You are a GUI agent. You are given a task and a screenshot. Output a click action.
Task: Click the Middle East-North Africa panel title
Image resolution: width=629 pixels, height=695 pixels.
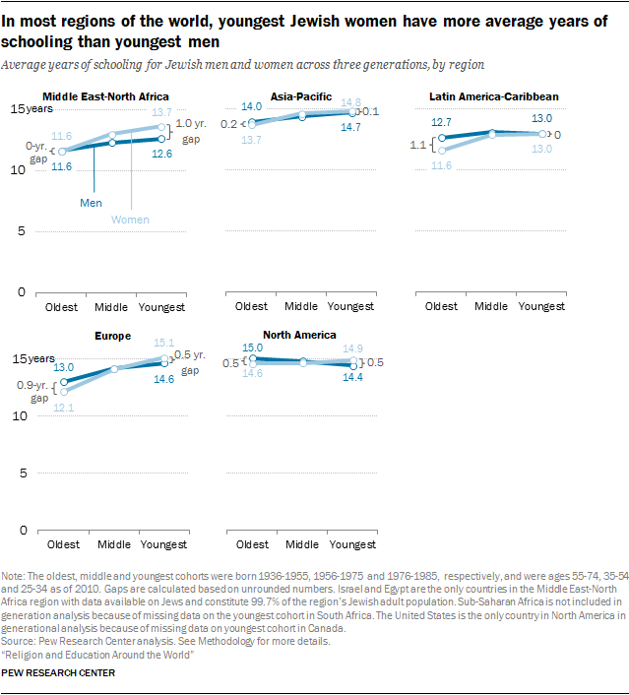[106, 96]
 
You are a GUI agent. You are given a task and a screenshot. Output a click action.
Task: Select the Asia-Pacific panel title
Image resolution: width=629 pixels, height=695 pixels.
[300, 96]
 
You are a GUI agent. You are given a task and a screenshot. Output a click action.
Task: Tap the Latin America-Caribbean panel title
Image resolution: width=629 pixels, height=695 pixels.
[494, 96]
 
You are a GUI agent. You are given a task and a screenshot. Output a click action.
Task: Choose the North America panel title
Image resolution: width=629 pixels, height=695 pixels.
[299, 335]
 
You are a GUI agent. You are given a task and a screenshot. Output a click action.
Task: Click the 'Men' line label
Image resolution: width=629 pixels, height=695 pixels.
[92, 202]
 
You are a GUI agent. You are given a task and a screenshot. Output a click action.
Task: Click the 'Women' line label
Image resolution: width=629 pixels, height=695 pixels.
[130, 219]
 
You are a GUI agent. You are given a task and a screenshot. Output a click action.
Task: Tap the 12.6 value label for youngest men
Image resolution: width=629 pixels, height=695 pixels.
[161, 154]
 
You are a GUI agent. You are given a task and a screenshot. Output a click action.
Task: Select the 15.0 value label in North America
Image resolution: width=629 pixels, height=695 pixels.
[253, 347]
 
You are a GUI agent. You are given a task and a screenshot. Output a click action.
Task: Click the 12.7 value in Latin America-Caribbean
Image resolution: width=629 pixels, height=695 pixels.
[441, 122]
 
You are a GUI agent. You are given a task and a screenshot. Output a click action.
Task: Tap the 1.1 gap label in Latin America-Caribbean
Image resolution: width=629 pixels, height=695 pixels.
[417, 145]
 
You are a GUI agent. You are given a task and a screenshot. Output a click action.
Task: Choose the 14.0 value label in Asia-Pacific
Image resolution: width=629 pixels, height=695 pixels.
[252, 106]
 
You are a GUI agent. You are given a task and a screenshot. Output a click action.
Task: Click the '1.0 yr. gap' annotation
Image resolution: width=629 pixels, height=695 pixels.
[192, 132]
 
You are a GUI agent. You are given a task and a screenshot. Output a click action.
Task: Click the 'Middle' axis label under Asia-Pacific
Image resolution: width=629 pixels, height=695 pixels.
[300, 306]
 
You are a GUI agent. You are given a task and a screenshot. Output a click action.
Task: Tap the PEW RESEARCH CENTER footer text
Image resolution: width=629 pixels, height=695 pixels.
[59, 673]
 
